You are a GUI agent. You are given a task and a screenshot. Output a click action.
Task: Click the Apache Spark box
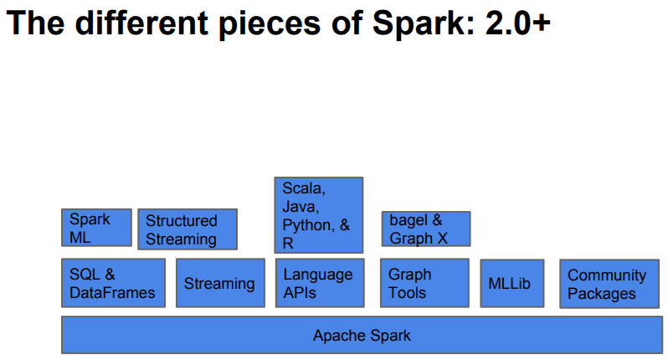[362, 335]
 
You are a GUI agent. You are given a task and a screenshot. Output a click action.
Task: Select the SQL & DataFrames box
[113, 283]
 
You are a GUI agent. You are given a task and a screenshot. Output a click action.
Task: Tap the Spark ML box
[97, 228]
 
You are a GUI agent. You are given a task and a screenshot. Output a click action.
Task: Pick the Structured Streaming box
[188, 229]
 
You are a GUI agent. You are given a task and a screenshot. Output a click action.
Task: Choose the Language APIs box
[320, 283]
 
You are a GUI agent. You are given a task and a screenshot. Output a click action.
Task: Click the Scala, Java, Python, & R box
[319, 215]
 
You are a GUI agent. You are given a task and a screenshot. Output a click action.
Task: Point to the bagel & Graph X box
[426, 229]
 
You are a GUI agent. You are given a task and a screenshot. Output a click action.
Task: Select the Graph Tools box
[424, 283]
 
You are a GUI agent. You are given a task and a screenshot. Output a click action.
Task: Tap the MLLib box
[512, 283]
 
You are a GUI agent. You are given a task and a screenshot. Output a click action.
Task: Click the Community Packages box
[609, 284]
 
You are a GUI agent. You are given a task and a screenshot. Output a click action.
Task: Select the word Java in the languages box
[301, 207]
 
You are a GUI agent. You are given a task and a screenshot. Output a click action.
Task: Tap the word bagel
[409, 221]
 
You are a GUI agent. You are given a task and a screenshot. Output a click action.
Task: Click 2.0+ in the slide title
[517, 23]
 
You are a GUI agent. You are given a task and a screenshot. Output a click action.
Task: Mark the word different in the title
[141, 23]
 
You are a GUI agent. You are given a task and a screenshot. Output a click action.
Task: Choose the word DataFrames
[112, 293]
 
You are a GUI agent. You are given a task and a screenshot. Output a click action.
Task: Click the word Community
[607, 275]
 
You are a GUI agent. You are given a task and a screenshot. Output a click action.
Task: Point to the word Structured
[182, 221]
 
